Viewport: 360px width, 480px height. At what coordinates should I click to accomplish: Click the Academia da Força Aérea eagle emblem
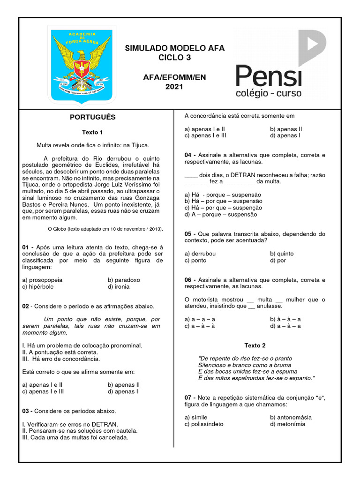coord(82,64)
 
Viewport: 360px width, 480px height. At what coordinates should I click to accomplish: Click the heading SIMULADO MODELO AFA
coord(174,48)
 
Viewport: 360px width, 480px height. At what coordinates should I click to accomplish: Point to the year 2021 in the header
coord(174,86)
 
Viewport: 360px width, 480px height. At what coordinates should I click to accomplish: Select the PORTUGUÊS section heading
coord(92,117)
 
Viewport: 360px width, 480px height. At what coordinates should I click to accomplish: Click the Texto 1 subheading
coord(92,132)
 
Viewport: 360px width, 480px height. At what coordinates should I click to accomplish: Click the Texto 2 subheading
coord(255,345)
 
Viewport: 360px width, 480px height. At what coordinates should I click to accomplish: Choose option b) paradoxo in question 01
coord(124,280)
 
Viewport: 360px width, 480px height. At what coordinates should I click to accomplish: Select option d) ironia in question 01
coord(119,286)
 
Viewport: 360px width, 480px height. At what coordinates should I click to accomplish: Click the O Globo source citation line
coord(105,229)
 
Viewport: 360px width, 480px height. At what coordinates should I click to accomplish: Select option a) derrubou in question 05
coord(200,254)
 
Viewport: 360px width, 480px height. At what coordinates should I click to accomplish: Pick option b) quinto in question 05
coord(282,254)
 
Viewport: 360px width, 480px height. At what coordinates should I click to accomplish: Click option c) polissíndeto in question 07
coord(204,424)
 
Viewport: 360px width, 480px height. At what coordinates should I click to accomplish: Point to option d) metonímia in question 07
coord(287,424)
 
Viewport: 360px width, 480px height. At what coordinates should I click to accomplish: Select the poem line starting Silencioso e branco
coord(245,365)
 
